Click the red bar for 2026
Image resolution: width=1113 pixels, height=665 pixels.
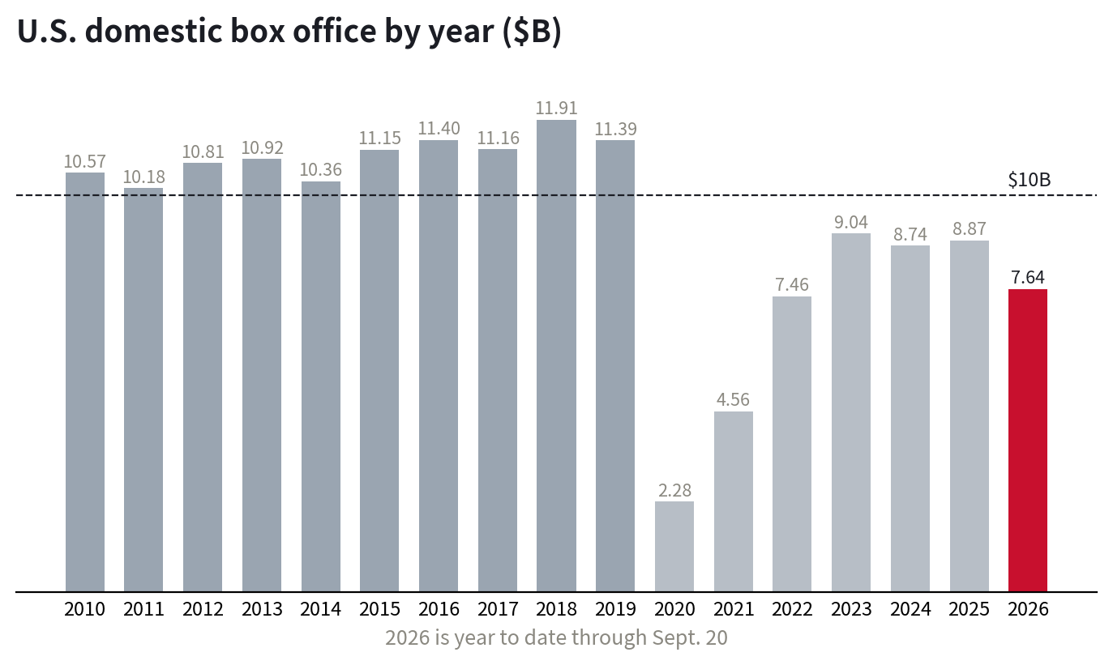tap(1028, 440)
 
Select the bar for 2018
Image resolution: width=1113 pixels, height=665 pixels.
tap(556, 356)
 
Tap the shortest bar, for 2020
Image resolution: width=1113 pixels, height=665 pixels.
tap(674, 546)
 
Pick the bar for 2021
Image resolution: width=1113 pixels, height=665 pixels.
tap(734, 501)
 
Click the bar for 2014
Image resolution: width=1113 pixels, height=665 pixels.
tap(321, 386)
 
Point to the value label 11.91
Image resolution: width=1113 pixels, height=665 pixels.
tap(556, 109)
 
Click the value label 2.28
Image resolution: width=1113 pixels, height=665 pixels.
tap(674, 490)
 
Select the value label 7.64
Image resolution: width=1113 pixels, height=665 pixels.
tap(1028, 277)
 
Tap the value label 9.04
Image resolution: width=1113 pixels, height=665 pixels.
tap(851, 222)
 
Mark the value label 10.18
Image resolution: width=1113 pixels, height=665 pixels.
tap(144, 177)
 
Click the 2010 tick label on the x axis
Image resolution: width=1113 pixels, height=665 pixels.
tap(85, 609)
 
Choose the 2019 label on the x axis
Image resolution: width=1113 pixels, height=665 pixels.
tap(615, 609)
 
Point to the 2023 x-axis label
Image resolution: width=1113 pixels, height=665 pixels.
tap(851, 609)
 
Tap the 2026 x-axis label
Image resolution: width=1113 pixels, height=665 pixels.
tap(1028, 609)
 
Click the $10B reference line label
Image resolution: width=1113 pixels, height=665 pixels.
tap(1030, 180)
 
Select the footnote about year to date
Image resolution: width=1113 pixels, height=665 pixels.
tap(556, 637)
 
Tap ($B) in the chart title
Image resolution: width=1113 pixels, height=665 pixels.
tap(532, 32)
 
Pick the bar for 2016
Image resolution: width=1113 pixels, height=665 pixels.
tap(439, 365)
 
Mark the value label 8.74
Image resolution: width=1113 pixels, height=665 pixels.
tap(910, 234)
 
